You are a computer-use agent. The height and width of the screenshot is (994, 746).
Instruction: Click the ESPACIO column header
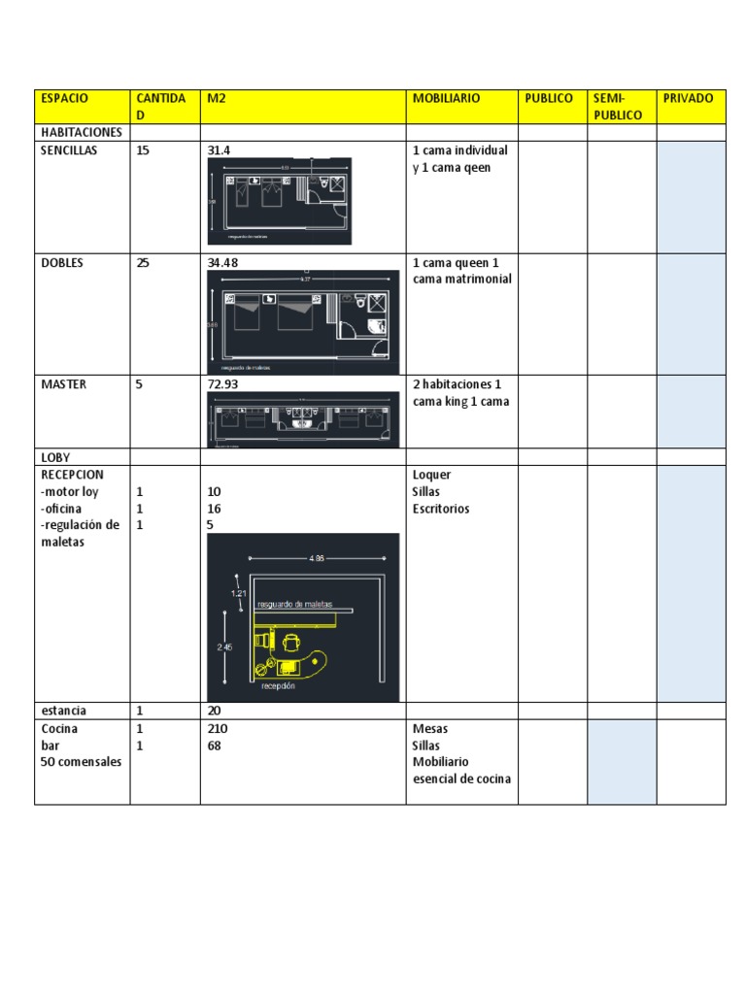tap(64, 98)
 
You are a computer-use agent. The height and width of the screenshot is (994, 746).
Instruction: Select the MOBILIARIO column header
tap(446, 98)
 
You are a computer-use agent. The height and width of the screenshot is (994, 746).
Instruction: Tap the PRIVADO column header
tap(688, 98)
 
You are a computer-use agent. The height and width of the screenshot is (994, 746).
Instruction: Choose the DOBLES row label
tap(61, 262)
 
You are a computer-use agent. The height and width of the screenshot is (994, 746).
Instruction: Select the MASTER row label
tap(63, 383)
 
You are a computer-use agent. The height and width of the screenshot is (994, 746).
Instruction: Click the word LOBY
tap(55, 456)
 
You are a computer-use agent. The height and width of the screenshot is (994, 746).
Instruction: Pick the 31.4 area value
tap(220, 150)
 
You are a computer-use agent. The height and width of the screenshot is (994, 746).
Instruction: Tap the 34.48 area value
tap(223, 262)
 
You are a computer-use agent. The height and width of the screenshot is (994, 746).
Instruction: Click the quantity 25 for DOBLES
tap(143, 262)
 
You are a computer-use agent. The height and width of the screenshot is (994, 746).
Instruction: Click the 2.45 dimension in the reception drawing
tap(224, 646)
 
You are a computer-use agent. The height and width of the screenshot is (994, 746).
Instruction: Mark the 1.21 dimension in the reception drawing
tap(239, 592)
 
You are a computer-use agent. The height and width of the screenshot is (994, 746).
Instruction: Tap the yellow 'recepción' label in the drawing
tap(278, 685)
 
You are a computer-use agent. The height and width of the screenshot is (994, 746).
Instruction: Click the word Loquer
tap(431, 475)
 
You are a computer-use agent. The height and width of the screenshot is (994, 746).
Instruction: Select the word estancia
tap(64, 711)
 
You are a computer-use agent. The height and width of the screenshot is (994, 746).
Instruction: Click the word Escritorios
tap(441, 508)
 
